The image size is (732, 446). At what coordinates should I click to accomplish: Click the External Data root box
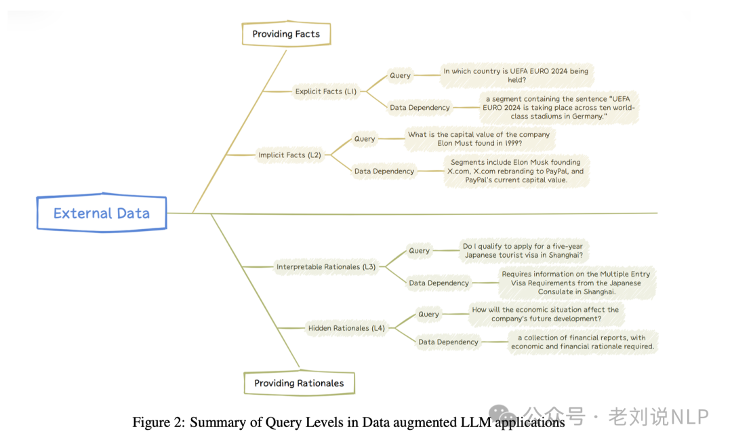tap(101, 214)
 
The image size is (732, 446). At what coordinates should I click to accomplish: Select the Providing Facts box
tap(286, 34)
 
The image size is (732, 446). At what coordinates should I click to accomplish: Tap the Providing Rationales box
tap(299, 383)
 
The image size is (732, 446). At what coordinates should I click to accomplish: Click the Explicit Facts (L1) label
tap(326, 91)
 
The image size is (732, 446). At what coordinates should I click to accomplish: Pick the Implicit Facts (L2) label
tap(289, 155)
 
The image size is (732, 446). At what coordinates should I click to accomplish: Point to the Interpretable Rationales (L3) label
tap(326, 267)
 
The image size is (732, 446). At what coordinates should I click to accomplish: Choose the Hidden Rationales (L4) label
tap(346, 328)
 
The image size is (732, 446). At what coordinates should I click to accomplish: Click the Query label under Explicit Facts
tap(400, 75)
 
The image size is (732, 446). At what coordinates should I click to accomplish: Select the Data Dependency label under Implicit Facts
tap(384, 171)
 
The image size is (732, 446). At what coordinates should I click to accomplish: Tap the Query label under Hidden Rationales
tap(428, 315)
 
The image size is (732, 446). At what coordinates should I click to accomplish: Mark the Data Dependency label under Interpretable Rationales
tap(439, 283)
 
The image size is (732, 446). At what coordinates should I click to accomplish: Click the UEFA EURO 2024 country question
tap(516, 75)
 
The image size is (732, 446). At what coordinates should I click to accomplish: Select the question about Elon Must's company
tap(479, 139)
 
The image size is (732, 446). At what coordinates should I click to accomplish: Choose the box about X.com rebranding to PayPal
tap(516, 171)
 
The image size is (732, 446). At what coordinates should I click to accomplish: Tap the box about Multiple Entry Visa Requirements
tap(576, 283)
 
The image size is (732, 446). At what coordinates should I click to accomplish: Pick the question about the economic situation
tap(546, 314)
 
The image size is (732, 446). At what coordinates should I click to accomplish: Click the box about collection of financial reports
tap(582, 342)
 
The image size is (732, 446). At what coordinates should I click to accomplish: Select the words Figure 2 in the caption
tap(158, 422)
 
